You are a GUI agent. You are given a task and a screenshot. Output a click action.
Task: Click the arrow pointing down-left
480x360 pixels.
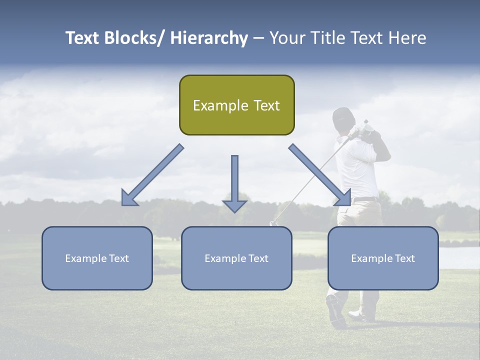pos(152,175)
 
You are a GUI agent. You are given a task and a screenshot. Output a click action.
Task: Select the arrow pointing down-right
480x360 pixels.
pos(320,175)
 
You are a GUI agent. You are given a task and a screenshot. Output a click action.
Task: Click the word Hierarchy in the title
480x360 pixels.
pos(209,38)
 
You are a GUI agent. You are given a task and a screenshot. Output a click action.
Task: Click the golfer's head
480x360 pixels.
pos(343,118)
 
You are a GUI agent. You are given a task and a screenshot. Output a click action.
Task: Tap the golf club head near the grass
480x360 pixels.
pos(273,223)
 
